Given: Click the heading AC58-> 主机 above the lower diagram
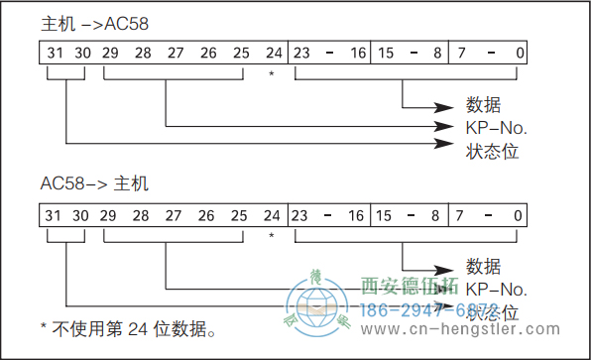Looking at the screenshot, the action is pos(93,183).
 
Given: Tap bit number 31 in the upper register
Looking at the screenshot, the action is pos(55,52).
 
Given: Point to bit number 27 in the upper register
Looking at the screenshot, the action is pos(175,52).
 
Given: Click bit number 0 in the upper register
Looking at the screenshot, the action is pos(519,52).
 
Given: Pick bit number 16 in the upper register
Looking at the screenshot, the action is pos(356,52).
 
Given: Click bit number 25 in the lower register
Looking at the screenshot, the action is pos(239,214).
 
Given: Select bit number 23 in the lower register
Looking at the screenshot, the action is pos(301,214).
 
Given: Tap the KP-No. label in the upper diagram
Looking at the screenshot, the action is pos(497,128).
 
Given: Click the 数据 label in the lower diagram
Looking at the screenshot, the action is pos(483,268).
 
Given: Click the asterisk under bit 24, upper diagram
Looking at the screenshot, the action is pos(271,73).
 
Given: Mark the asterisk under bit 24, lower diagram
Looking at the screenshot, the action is pos(271,236).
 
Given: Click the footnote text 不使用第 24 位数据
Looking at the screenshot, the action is pos(133,327).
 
